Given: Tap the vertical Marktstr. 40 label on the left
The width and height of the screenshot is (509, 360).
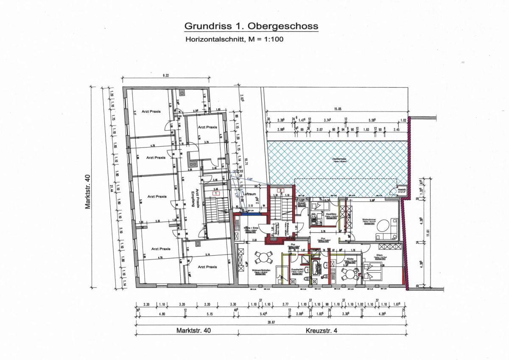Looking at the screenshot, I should coord(88,191).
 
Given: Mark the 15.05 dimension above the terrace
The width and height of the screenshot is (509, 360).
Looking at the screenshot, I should coord(337,109).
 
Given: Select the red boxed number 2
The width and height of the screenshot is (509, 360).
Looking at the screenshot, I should coord(280,190).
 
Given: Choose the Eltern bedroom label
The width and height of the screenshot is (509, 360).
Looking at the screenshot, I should coord(379,255).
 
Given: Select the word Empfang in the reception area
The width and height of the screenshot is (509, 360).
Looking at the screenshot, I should coord(193,200).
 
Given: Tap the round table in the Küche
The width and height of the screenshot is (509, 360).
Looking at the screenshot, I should coord(350,273).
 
